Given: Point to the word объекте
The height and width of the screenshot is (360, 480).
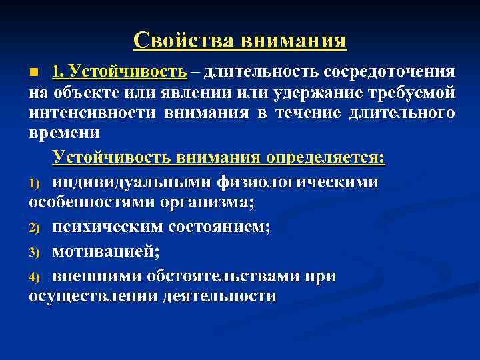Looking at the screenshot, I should (x=83, y=91).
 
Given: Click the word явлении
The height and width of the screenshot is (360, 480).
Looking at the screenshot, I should (x=193, y=91).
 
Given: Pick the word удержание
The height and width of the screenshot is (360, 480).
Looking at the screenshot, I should (x=321, y=91).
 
